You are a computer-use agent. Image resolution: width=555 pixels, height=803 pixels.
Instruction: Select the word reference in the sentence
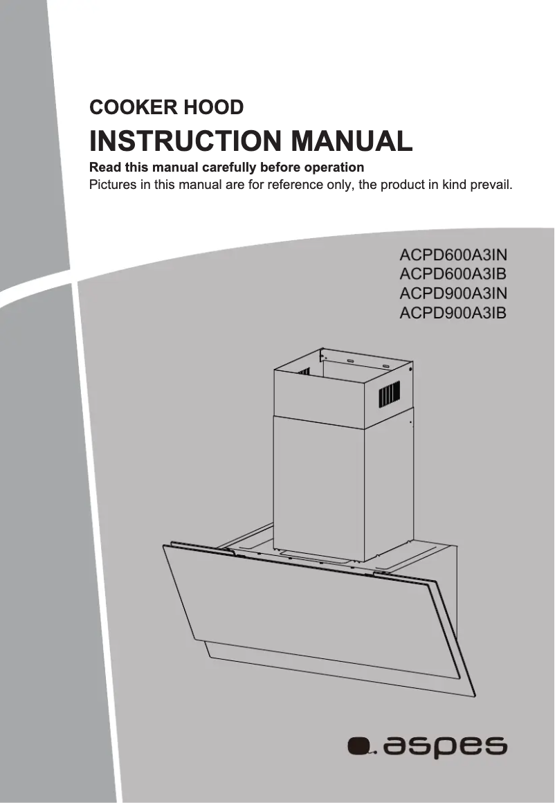293,186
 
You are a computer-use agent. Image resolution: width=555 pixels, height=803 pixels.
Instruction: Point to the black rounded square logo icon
358,747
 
